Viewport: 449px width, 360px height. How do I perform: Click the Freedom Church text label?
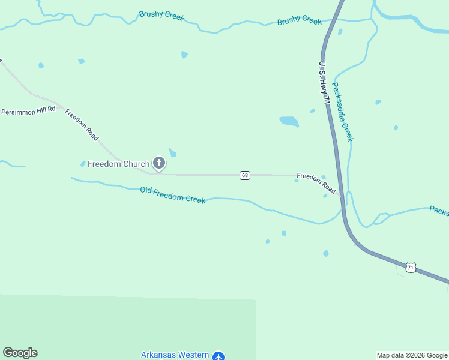coord(118,164)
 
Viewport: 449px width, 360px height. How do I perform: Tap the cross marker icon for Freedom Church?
coord(159,163)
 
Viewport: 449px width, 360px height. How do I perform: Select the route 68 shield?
coord(244,175)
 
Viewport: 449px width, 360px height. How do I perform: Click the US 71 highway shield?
coord(410,268)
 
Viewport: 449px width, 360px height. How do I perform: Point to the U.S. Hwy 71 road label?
coord(324,84)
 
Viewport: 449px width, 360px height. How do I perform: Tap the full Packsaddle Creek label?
coord(343,112)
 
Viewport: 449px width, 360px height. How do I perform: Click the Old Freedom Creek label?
coord(173,194)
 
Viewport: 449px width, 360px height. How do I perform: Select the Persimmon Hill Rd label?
coord(28,110)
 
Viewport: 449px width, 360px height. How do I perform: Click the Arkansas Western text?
coord(175,355)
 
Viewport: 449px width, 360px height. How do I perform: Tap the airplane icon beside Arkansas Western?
coord(218,356)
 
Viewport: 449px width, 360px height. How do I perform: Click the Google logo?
coord(20,353)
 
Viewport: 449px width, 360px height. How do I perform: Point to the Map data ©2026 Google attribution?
coord(412,355)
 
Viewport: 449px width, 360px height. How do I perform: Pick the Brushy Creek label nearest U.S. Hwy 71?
coord(300,21)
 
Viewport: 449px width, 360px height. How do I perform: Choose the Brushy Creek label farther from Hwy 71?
coord(161,15)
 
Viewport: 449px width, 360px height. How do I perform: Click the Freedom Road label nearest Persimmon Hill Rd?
coord(82,124)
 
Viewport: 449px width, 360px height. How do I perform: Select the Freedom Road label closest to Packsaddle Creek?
coord(316,183)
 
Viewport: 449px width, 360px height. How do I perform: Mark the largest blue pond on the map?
coord(289,121)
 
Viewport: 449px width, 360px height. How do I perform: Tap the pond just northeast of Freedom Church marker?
coord(173,152)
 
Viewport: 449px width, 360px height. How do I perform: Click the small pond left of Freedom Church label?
coord(83,164)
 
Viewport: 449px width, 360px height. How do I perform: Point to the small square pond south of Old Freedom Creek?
coord(283,233)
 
